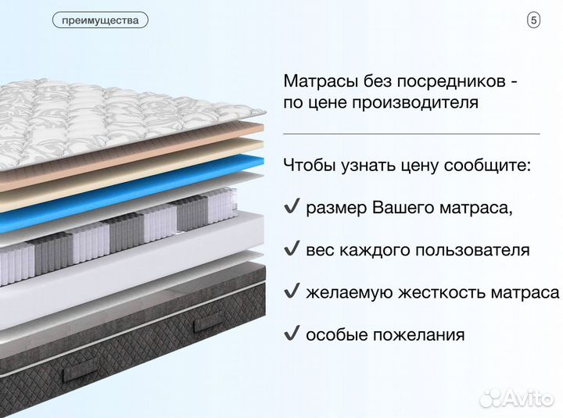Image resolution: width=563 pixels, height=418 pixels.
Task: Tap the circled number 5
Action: (534, 21)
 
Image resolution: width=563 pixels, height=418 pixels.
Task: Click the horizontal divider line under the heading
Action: (411, 134)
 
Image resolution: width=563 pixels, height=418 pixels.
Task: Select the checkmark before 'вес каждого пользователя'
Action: (292, 250)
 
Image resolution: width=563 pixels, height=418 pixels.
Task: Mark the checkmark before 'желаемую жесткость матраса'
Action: (292, 292)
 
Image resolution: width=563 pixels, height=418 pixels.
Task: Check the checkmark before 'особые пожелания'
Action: (292, 334)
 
